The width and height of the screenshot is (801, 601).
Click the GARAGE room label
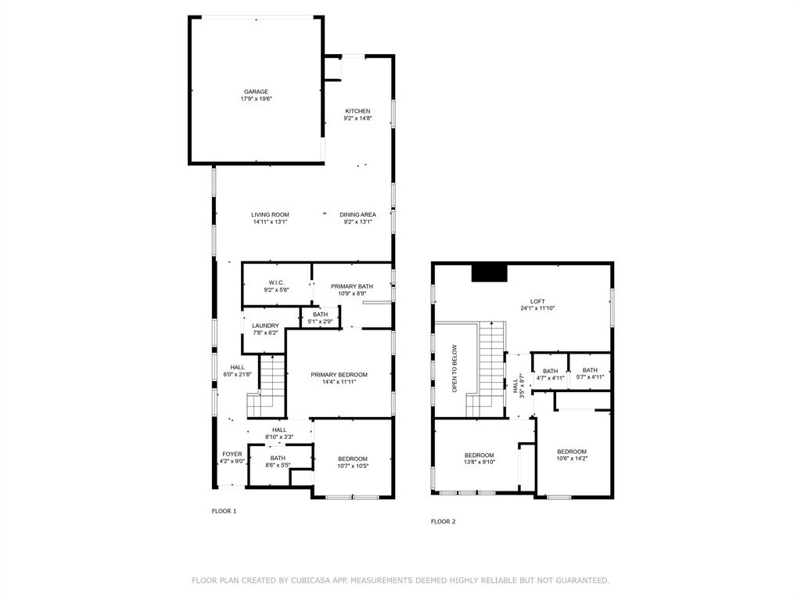tap(255, 92)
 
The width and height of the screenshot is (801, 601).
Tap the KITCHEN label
tap(357, 111)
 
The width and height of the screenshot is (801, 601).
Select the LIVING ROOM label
tap(270, 214)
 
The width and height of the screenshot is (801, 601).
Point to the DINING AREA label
tap(357, 214)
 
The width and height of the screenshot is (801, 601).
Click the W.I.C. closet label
tap(276, 283)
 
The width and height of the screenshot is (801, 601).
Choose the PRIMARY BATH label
tap(351, 286)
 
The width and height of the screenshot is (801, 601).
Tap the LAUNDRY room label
tap(265, 326)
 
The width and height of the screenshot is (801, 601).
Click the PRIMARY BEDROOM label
tap(339, 375)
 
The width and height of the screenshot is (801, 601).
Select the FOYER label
tap(232, 454)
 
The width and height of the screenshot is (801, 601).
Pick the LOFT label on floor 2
tap(537, 301)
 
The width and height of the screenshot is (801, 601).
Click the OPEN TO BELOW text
tap(454, 368)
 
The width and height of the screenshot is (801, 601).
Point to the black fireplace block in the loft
tap(490, 272)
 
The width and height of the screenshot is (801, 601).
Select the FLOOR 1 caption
tap(224, 511)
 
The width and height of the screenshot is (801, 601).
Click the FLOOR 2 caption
tap(443, 521)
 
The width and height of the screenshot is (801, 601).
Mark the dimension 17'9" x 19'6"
tap(255, 99)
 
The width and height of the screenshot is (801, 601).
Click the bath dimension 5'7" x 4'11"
tap(590, 378)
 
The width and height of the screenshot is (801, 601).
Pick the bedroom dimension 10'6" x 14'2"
tap(572, 459)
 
